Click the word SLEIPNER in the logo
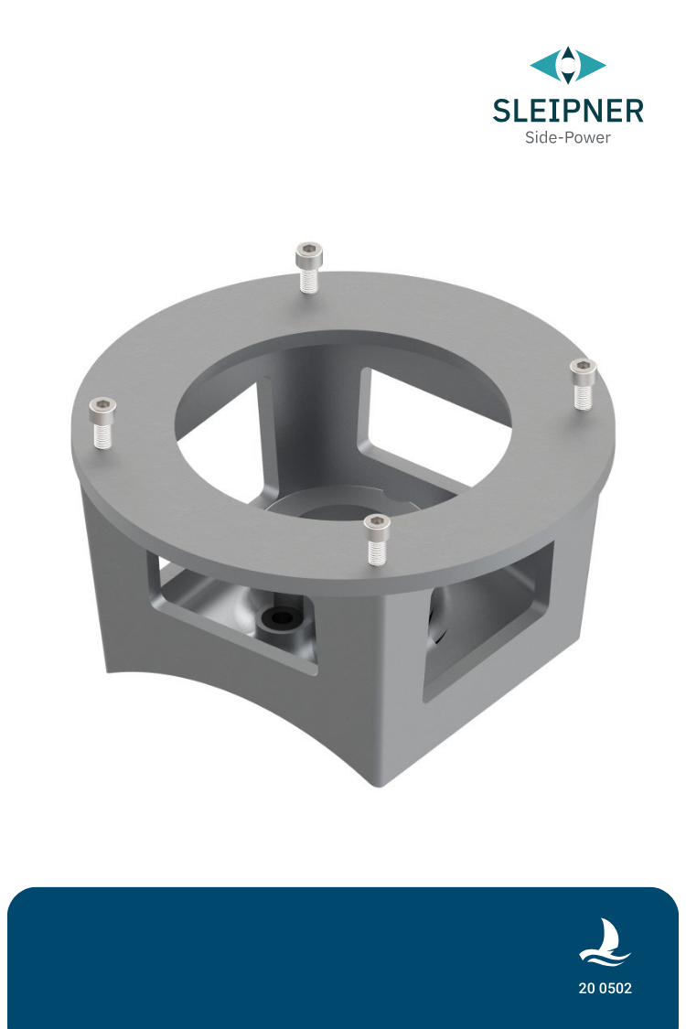pyautogui.click(x=567, y=111)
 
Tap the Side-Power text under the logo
pyautogui.click(x=567, y=138)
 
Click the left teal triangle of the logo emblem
pyautogui.click(x=544, y=65)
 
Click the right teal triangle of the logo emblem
pyautogui.click(x=592, y=65)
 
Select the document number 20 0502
pyautogui.click(x=605, y=989)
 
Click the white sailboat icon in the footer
pyautogui.click(x=605, y=943)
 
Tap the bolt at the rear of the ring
pyautogui.click(x=309, y=266)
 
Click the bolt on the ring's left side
pyautogui.click(x=102, y=422)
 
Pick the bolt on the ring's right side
pyautogui.click(x=583, y=381)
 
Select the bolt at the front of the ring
pyautogui.click(x=377, y=538)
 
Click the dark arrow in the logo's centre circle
pyautogui.click(x=568, y=65)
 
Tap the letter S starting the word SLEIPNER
pyautogui.click(x=502, y=111)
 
